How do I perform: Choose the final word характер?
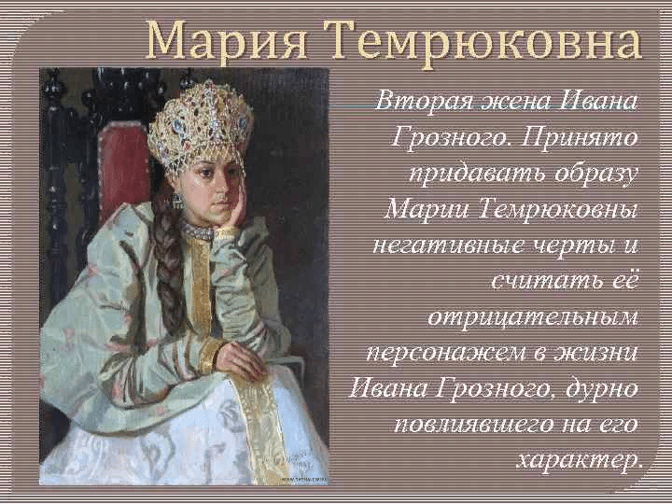[x=580, y=459]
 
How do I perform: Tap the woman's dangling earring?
[x=176, y=200]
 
